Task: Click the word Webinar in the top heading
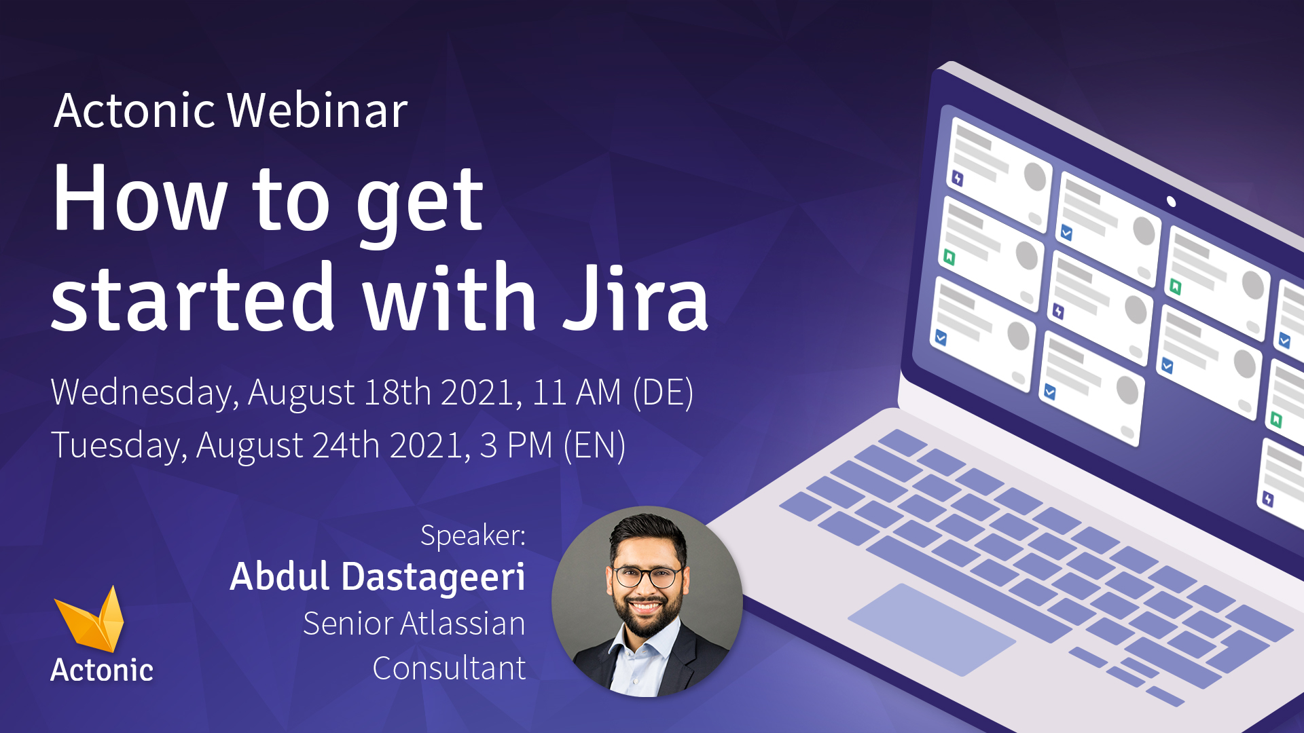point(317,111)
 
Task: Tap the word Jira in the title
point(636,299)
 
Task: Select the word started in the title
point(193,299)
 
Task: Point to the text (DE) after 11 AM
point(662,393)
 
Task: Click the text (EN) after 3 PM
point(594,446)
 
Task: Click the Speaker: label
point(473,535)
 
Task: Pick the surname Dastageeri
point(433,577)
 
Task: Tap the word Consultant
point(449,669)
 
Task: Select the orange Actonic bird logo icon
point(92,619)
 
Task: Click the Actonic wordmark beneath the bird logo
point(102,671)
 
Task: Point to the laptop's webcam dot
point(1171,202)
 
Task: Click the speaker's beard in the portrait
point(647,619)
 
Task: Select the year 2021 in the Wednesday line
point(481,393)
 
